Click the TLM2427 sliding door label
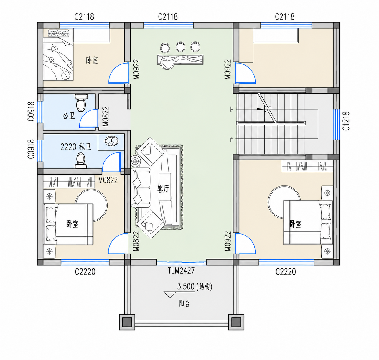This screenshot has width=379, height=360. [181, 271]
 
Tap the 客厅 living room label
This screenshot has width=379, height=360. [163, 189]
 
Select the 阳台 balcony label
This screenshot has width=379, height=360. [184, 304]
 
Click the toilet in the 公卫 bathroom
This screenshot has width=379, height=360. [81, 103]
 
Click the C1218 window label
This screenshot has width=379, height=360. [346, 121]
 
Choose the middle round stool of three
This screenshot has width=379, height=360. [180, 47]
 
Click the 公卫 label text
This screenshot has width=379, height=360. [69, 116]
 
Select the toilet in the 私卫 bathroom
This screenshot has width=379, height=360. [80, 161]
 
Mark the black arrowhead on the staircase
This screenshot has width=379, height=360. [260, 109]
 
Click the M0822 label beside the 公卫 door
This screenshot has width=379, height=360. [106, 117]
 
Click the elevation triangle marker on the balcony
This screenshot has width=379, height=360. [169, 295]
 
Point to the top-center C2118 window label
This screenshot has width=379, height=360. [168, 17]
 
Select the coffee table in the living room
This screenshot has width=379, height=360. [165, 187]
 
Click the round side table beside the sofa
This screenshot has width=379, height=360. [135, 161]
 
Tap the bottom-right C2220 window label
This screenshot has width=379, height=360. [286, 272]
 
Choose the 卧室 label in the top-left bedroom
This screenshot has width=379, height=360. [92, 60]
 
